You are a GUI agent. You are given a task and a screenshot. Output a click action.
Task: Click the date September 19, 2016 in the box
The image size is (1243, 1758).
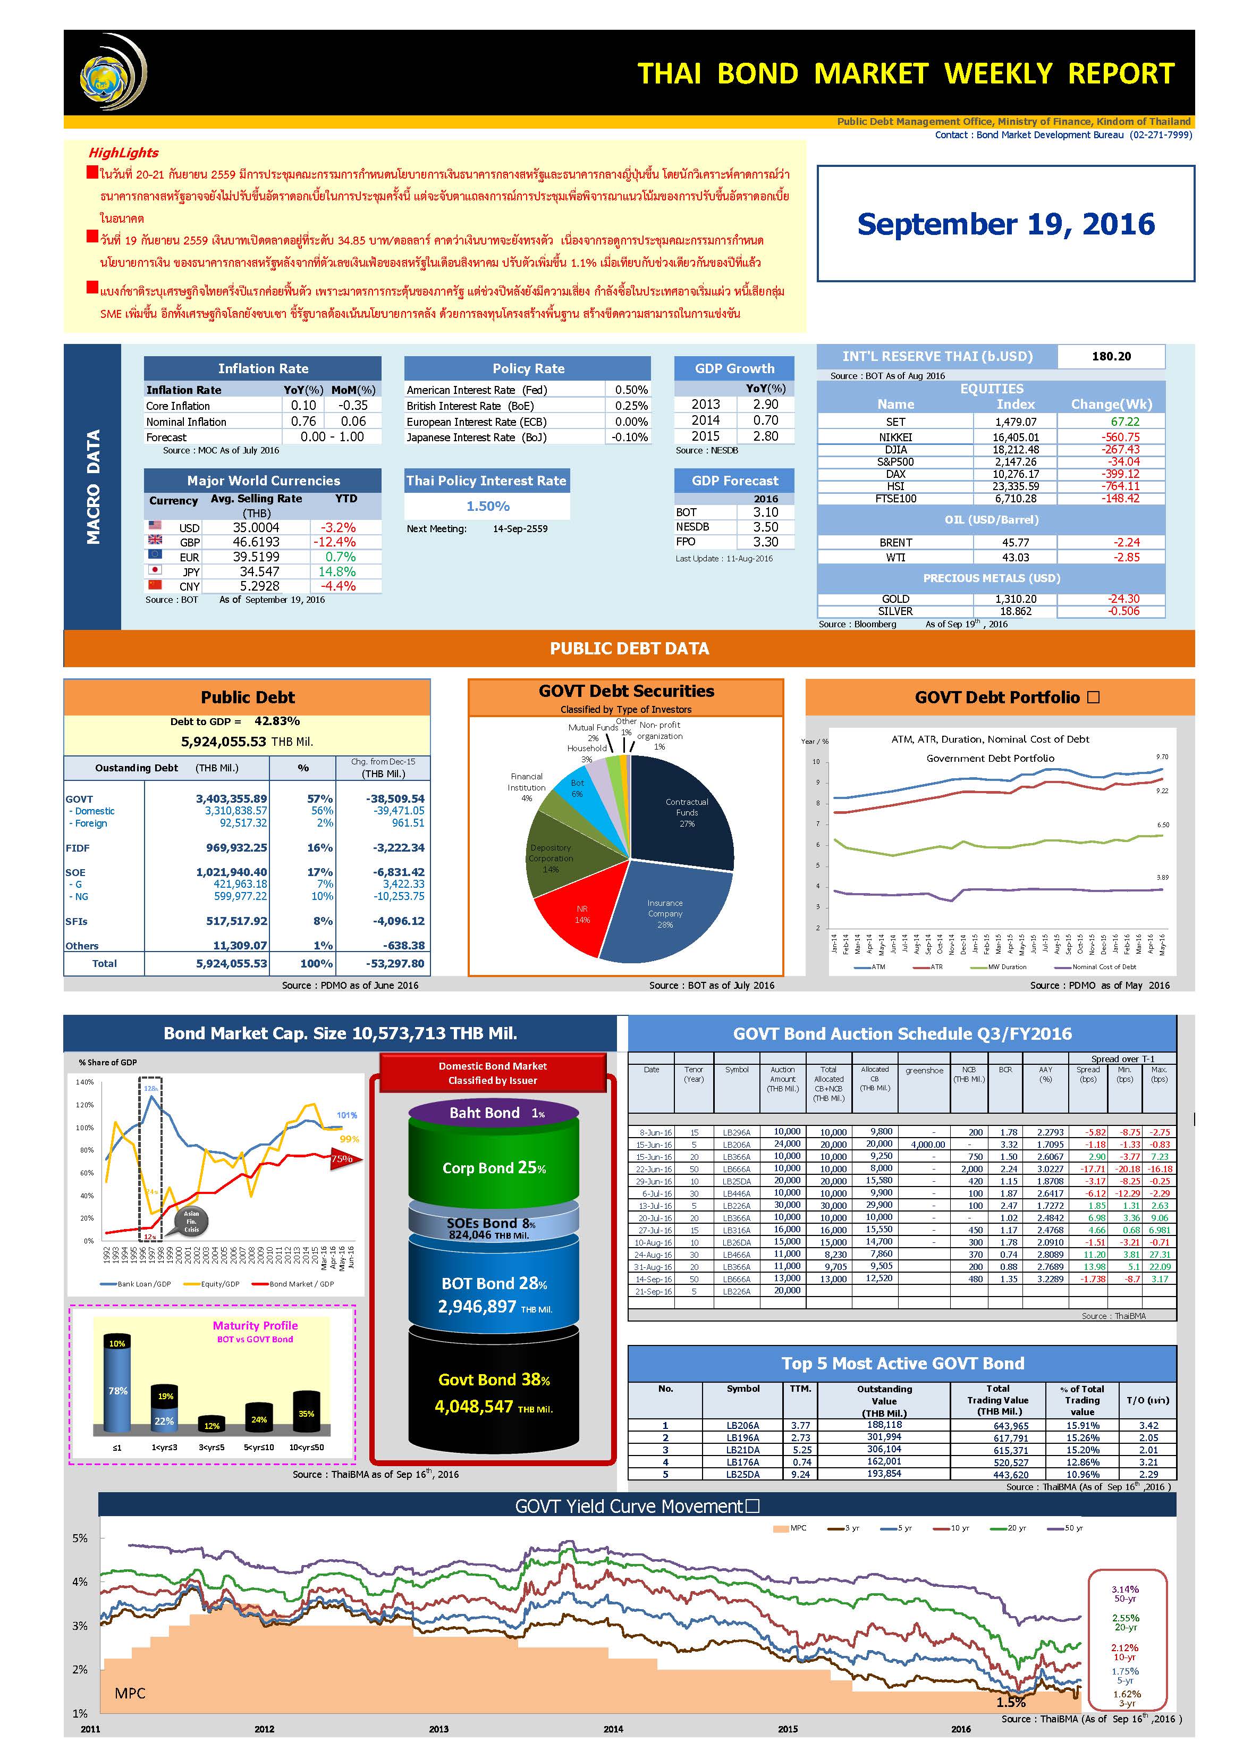1005,224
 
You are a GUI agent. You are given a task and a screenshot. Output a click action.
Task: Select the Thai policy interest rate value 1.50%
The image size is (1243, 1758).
487,506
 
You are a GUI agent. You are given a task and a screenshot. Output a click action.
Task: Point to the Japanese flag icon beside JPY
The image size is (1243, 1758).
155,570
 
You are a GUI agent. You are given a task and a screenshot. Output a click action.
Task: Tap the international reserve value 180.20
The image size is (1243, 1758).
1111,356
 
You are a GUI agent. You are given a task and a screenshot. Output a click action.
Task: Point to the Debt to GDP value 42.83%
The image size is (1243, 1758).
276,721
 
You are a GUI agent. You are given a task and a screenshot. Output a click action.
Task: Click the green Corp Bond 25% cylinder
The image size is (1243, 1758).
494,1168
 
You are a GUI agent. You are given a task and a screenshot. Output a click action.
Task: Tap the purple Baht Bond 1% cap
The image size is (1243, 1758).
494,1113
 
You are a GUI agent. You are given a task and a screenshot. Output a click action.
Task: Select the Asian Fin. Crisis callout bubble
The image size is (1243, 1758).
191,1222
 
